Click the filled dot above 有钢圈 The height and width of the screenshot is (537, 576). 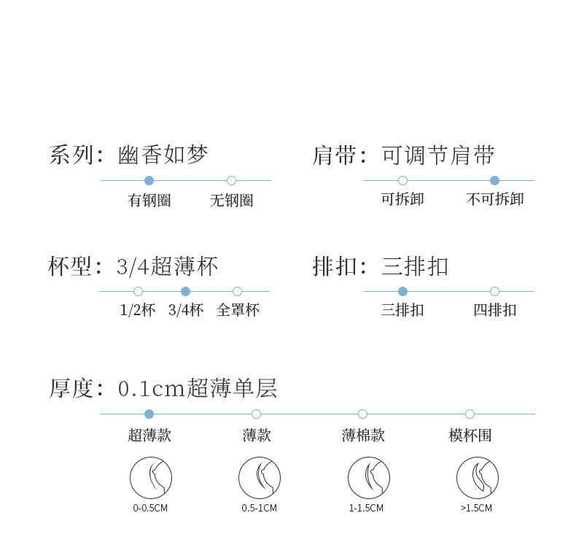pyautogui.click(x=149, y=180)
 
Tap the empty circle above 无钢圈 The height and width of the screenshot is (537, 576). pyautogui.click(x=231, y=180)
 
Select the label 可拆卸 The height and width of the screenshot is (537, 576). pyautogui.click(x=402, y=199)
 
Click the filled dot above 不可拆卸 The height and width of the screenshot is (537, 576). pyautogui.click(x=494, y=180)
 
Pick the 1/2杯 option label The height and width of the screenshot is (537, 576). pyautogui.click(x=138, y=310)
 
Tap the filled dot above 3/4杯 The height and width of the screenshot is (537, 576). pyautogui.click(x=185, y=291)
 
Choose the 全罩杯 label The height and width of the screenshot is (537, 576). pyautogui.click(x=238, y=310)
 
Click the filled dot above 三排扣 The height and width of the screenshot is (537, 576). pyautogui.click(x=402, y=291)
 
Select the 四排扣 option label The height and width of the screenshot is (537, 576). pyautogui.click(x=494, y=310)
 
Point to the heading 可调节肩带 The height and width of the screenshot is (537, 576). pyautogui.click(x=437, y=155)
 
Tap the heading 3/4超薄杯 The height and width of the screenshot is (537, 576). pyautogui.click(x=167, y=266)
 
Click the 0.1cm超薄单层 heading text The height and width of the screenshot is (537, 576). pyautogui.click(x=197, y=388)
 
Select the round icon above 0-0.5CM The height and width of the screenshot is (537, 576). pyautogui.click(x=151, y=478)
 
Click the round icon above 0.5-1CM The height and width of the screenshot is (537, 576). pyautogui.click(x=259, y=478)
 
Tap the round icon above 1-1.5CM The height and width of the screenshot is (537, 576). pyautogui.click(x=368, y=478)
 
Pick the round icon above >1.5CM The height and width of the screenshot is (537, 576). pyautogui.click(x=477, y=478)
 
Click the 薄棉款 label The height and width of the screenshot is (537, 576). pyautogui.click(x=362, y=436)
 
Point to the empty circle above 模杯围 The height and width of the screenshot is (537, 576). pyautogui.click(x=470, y=414)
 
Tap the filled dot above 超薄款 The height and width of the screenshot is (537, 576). pyautogui.click(x=149, y=414)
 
